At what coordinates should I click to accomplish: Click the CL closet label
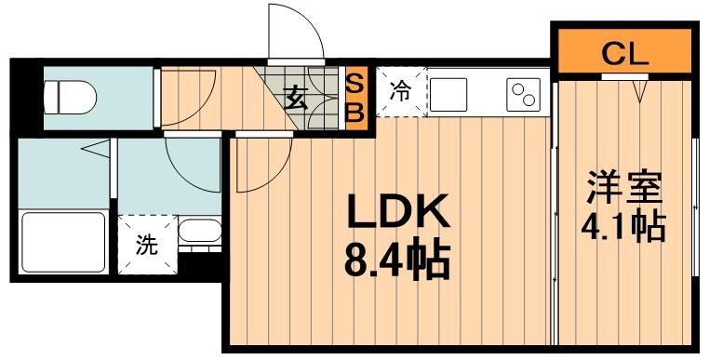[x=623, y=53]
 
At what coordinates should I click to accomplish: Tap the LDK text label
[x=398, y=214]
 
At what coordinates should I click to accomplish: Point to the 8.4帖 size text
[x=398, y=260]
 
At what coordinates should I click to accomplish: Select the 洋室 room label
[x=622, y=186]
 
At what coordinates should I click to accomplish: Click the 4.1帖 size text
[x=622, y=225]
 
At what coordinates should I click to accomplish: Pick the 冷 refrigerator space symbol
[x=399, y=91]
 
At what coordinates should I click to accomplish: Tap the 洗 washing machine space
[x=147, y=246]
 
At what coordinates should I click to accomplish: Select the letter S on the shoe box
[x=354, y=82]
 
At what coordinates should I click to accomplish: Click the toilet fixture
[x=71, y=94]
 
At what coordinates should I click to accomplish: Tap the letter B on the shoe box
[x=354, y=112]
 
